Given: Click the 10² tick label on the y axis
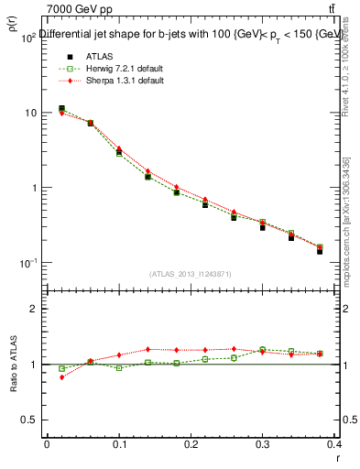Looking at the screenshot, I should coord(28,38).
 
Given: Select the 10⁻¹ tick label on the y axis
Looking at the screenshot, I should coord(28,263).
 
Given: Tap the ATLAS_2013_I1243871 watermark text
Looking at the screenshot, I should coord(190,274).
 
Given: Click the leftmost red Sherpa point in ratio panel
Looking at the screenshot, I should coord(61,376).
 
